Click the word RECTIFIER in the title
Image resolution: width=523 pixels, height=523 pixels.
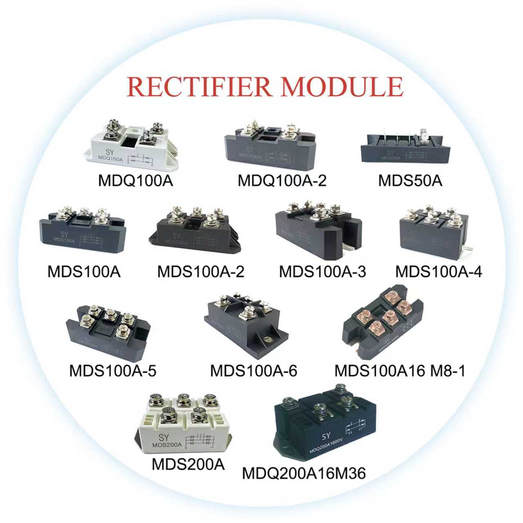point(199,86)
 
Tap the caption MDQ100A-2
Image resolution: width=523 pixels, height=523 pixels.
point(282,180)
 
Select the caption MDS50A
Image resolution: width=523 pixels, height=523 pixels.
point(410,180)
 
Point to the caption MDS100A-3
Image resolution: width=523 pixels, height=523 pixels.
point(322,272)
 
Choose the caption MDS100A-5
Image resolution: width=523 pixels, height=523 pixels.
point(113,371)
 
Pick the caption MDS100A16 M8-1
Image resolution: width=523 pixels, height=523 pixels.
point(400,371)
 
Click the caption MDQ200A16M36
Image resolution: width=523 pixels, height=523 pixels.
point(304,474)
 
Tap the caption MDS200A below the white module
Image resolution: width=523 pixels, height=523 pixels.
point(188,465)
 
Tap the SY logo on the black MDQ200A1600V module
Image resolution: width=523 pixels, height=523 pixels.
point(326,436)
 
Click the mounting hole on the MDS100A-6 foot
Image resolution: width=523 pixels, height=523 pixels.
point(268,340)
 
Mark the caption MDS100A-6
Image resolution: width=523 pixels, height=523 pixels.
point(253,371)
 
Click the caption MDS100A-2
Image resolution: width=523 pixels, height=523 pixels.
point(201,272)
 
